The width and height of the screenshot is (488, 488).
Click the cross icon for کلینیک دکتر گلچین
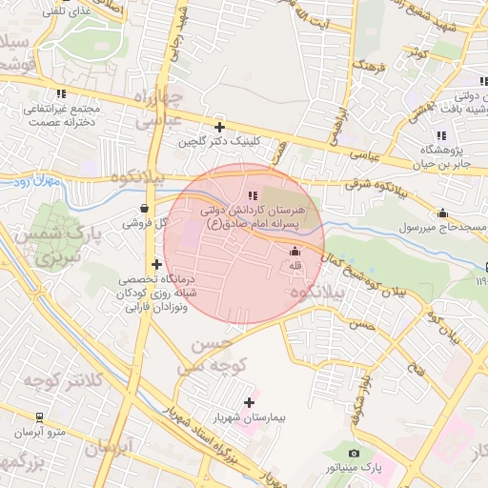pos(220,126)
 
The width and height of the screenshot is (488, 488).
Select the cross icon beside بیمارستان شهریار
pos(250,402)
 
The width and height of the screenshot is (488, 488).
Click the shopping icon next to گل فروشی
pos(144,208)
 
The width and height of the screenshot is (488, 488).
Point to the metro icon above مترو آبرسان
pos(39,417)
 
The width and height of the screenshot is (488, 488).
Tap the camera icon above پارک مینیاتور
pos(355,454)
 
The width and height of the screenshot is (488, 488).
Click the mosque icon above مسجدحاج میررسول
pos(442,213)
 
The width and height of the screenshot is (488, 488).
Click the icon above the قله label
pos(294,252)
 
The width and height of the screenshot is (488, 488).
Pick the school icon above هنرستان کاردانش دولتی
pos(253,194)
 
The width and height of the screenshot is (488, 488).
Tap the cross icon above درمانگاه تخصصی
pos(156,264)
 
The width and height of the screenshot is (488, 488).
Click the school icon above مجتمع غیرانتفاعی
pos(62,93)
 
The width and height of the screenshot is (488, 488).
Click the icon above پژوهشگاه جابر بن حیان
pos(440,134)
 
